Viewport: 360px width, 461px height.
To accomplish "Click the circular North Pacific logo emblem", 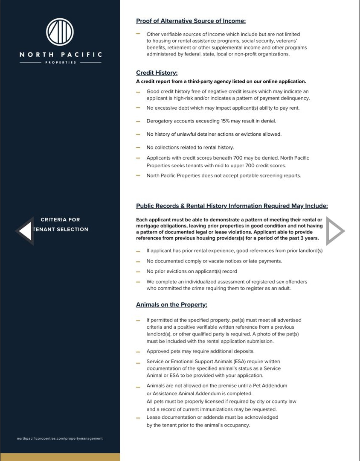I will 60,32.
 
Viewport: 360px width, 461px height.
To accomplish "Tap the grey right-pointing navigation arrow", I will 334,231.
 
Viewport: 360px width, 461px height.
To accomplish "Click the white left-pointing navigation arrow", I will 25,231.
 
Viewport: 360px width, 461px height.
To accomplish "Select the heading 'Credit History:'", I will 157,73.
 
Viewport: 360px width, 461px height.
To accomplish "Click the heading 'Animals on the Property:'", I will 171,305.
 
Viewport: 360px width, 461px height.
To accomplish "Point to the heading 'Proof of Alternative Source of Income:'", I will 191,21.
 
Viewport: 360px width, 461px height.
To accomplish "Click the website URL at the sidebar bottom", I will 60,438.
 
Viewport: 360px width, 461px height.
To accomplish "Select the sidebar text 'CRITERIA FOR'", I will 60,220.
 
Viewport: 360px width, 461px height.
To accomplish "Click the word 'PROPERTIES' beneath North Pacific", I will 61,62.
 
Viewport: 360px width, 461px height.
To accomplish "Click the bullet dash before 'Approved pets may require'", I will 138,352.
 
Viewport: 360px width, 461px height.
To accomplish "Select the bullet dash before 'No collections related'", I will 138,148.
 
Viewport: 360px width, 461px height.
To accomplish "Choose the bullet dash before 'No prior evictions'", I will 138,271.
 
